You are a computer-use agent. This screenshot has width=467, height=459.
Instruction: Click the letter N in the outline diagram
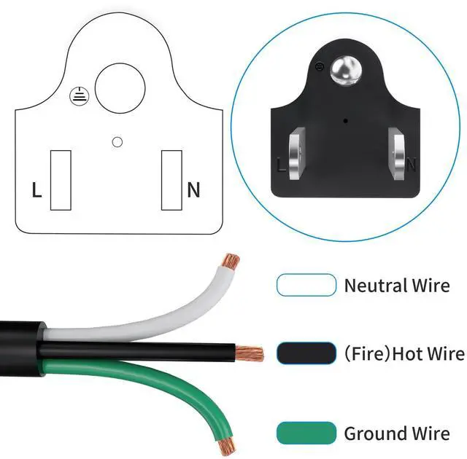pyautogui.click(x=193, y=190)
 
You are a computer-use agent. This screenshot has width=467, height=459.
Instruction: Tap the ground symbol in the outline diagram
pyautogui.click(x=78, y=94)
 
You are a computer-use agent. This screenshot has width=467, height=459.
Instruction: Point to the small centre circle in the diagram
pyautogui.click(x=117, y=141)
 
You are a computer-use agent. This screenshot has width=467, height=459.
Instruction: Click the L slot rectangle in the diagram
pyautogui.click(x=61, y=179)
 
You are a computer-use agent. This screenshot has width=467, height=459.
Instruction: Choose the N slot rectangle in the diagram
pyautogui.click(x=171, y=179)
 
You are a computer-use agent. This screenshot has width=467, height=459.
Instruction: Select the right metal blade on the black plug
pyautogui.click(x=398, y=154)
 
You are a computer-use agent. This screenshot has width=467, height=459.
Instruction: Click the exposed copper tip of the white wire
pyautogui.click(x=231, y=260)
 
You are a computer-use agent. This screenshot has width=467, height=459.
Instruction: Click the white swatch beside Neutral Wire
pyautogui.click(x=306, y=285)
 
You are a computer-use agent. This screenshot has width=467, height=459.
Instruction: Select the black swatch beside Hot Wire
pyautogui.click(x=306, y=354)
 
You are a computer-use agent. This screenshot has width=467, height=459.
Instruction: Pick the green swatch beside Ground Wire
pyautogui.click(x=306, y=433)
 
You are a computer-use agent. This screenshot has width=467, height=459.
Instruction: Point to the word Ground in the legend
pyautogui.click(x=376, y=434)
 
